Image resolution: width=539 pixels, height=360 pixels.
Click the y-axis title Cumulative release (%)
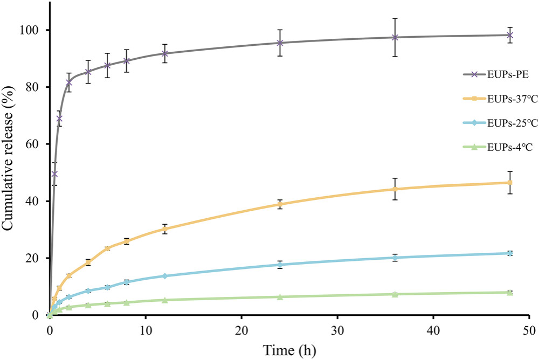(x=8, y=159)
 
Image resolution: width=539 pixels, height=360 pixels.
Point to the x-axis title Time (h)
(x=289, y=350)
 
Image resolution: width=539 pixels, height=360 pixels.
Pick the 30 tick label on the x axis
(x=337, y=331)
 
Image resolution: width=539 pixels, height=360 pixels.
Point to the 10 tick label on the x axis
(x=146, y=331)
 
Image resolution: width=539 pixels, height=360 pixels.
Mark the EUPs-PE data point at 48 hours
(x=510, y=35)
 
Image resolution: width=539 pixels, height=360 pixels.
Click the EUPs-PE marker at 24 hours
(x=280, y=43)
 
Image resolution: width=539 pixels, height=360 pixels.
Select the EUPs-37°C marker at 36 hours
(x=395, y=189)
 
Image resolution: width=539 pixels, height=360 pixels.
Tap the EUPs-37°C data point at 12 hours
(x=164, y=229)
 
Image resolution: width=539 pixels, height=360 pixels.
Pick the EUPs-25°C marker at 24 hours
(x=280, y=265)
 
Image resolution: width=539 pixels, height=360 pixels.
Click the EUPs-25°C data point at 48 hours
(x=510, y=253)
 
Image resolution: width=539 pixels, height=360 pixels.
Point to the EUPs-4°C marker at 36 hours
(x=395, y=294)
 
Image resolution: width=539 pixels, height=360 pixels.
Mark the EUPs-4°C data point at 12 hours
(x=164, y=300)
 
